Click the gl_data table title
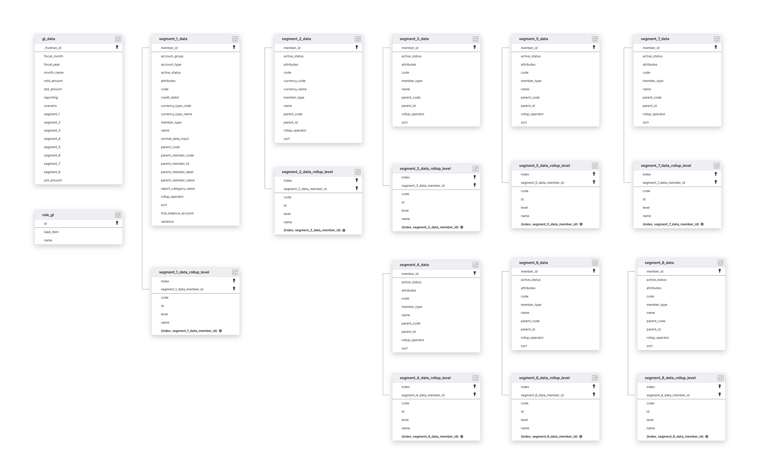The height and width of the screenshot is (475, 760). point(49,39)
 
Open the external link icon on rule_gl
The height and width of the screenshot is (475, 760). point(118,215)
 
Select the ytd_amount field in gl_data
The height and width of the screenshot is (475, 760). point(53,180)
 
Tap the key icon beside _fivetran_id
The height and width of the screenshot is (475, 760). point(117,47)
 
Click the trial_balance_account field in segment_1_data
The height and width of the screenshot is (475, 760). point(177,213)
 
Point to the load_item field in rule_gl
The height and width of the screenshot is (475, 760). point(51,232)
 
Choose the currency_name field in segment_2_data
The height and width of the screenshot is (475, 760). point(295,89)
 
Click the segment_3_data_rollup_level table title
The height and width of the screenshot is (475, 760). point(425,169)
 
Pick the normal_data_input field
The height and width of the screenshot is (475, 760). point(175,139)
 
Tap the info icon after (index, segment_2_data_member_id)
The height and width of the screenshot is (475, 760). point(344,230)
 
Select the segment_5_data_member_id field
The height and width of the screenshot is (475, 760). point(542,183)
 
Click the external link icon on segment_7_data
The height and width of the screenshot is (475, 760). point(717,39)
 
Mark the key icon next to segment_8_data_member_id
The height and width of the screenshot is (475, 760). point(720,395)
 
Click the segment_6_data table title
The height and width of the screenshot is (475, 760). point(533,263)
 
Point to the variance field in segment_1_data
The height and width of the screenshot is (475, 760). point(167,221)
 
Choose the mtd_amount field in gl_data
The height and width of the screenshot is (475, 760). point(53,81)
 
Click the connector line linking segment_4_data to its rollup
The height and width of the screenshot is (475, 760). point(383,333)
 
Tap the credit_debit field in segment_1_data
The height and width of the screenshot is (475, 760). point(170,97)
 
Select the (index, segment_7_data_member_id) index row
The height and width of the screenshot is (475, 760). point(671,224)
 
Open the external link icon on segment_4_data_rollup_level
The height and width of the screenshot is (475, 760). point(476,378)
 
